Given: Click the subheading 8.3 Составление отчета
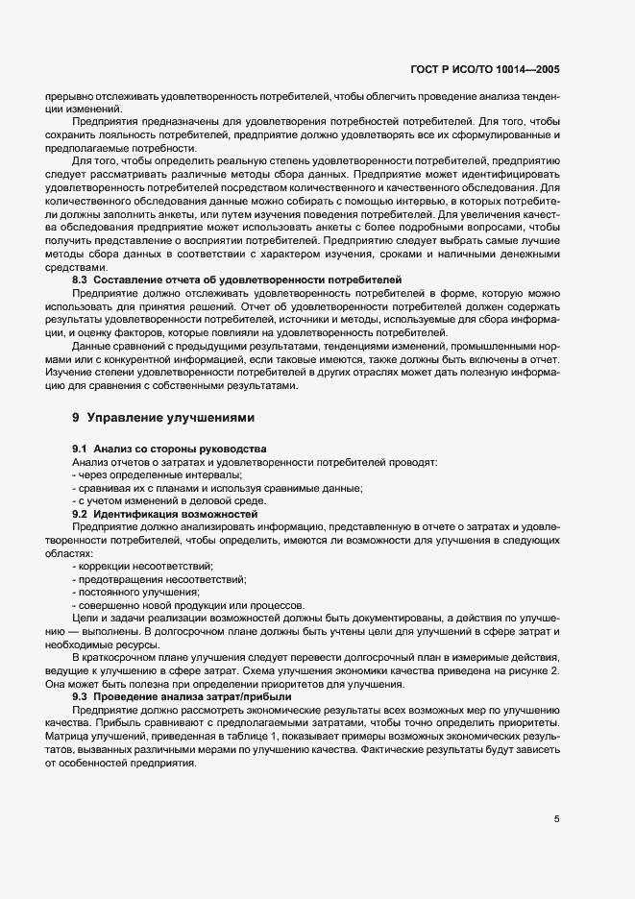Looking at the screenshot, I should tap(236, 279).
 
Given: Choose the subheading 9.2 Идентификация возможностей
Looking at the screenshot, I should tap(165, 515).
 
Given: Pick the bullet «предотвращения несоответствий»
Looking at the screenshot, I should tap(159, 579).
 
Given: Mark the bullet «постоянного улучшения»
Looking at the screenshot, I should tap(136, 592).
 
